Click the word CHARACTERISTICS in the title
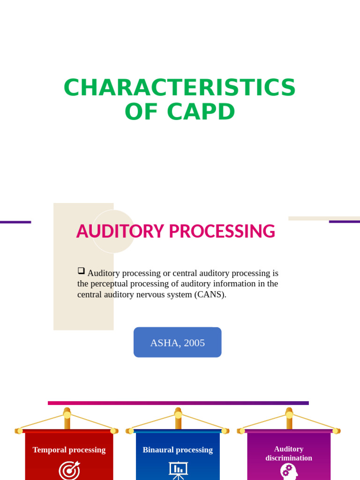(x=180, y=88)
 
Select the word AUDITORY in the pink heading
(x=120, y=232)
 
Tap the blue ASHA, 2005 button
(x=177, y=343)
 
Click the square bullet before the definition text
(x=81, y=271)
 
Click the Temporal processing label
(x=69, y=450)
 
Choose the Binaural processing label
(x=178, y=450)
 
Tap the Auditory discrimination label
(x=289, y=453)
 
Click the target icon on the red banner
(x=69, y=471)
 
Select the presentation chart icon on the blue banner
(x=178, y=470)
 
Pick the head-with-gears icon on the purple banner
(x=289, y=471)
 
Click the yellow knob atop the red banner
(x=67, y=415)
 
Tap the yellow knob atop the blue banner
(x=178, y=415)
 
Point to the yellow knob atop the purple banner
(x=289, y=415)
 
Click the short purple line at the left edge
(x=15, y=222)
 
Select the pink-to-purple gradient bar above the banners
(x=178, y=403)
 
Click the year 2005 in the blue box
(x=195, y=343)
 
